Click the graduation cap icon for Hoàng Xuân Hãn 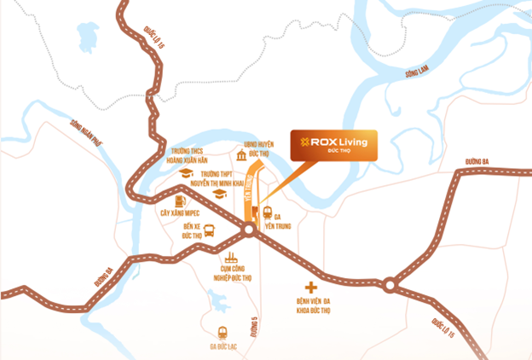point(185,171)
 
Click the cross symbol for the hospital point(312,287)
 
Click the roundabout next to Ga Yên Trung point(248,229)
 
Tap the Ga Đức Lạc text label point(223,347)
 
